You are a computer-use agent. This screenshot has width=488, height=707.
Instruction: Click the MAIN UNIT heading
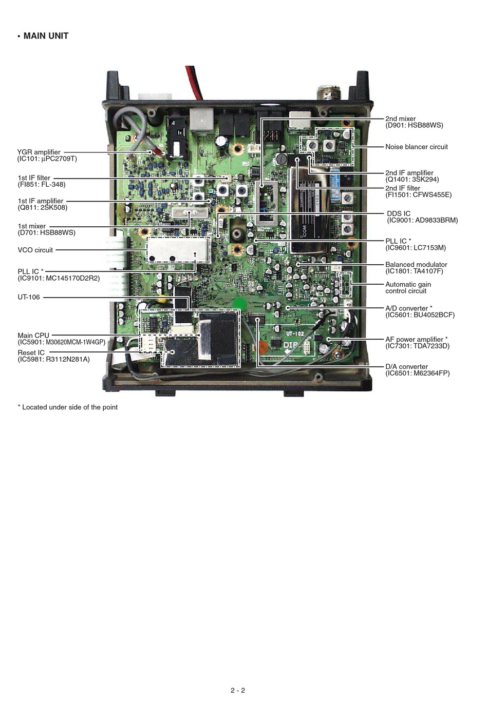click(46, 36)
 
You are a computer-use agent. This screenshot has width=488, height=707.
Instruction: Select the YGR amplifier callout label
click(39, 152)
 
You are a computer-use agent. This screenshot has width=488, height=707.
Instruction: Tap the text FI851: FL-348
click(42, 185)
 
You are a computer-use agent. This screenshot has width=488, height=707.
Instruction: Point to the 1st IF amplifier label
click(41, 201)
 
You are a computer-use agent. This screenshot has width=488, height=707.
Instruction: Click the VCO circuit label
click(35, 250)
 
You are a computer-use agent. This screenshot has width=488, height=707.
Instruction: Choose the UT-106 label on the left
click(29, 297)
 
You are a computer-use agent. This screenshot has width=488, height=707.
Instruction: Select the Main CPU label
click(33, 336)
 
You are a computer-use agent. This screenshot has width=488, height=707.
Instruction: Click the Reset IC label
click(31, 353)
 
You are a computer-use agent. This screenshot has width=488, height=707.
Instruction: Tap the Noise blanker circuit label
click(417, 147)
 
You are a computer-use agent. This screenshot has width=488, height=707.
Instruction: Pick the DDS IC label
click(399, 213)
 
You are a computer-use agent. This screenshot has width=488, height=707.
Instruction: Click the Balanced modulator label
click(416, 265)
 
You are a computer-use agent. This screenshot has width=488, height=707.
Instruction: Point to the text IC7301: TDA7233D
click(418, 346)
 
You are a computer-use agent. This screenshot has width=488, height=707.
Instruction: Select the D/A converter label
click(406, 367)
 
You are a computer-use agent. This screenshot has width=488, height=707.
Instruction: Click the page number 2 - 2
click(238, 690)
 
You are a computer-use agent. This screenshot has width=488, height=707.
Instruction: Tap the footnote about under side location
click(68, 407)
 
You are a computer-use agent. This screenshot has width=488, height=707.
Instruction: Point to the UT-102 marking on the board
click(295, 334)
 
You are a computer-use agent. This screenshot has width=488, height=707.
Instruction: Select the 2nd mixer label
click(401, 119)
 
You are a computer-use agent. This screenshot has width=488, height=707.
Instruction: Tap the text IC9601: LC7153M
click(416, 248)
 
